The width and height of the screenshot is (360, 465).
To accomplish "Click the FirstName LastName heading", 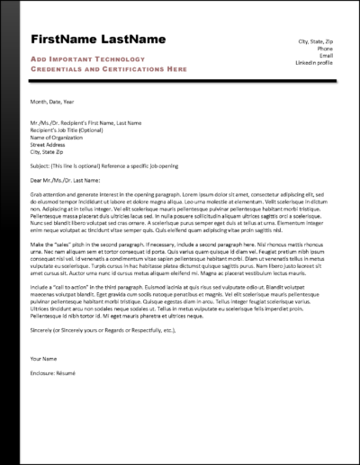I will point(98,40).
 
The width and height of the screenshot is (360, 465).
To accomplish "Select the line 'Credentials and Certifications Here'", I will point(108,68).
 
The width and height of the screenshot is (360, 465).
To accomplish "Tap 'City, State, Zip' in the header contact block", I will point(316,42).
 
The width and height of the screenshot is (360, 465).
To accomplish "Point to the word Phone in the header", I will point(326,49).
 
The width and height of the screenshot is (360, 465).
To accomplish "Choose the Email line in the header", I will point(327,57).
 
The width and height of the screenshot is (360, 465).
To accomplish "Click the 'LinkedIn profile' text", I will point(315,64).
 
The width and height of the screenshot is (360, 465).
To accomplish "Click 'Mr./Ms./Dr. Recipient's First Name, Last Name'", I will point(85,122).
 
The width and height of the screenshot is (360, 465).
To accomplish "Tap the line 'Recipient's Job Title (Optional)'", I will point(68,129).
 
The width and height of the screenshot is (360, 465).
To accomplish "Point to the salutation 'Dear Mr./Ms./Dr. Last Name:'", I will point(70,181).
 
